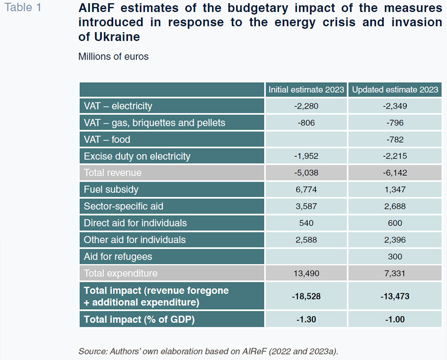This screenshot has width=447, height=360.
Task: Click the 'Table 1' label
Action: point(23,7)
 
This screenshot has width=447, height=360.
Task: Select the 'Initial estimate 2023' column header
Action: point(306,90)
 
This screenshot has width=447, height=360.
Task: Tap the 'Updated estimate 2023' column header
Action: point(395,90)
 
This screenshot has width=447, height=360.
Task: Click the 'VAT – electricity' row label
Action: point(118,106)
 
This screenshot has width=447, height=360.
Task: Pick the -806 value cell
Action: point(306,123)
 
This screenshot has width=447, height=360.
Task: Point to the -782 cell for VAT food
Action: point(395,139)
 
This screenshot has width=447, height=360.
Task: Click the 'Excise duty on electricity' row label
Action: point(137,156)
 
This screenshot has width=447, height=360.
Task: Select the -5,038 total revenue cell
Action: point(306,173)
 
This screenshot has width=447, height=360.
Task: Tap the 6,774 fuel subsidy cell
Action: point(306,189)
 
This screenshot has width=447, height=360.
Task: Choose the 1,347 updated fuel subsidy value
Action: point(395,189)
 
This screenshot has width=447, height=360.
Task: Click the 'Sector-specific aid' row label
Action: point(124,206)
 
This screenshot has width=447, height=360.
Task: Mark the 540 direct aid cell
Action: point(306,223)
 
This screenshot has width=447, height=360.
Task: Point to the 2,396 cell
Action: point(395,240)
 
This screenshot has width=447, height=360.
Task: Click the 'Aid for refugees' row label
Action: point(118,257)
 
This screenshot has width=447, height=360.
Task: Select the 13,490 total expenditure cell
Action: point(306,273)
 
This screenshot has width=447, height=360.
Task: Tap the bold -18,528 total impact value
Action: point(306,296)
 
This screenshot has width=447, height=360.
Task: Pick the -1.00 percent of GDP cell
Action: point(395,319)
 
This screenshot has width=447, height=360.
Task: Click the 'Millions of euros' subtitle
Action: point(113,56)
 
